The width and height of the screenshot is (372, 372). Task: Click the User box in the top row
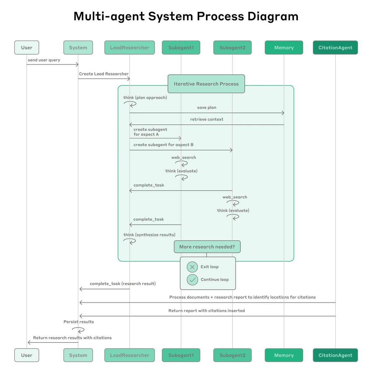(x=27, y=48)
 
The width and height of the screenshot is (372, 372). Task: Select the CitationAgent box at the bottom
(x=335, y=355)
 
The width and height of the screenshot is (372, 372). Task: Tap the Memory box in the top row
(x=284, y=48)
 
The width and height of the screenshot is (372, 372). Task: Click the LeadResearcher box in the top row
(x=130, y=48)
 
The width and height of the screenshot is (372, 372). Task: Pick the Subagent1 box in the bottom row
(x=181, y=355)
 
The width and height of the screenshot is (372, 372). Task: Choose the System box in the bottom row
(x=78, y=355)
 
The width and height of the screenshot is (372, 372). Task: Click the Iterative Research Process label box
(x=206, y=84)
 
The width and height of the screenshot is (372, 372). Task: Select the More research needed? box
(x=207, y=247)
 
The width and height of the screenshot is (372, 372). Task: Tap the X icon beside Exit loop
(x=192, y=267)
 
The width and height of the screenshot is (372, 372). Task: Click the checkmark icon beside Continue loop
(x=192, y=280)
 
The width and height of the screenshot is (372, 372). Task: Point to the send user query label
(x=44, y=60)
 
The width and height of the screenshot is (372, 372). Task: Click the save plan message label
(x=207, y=108)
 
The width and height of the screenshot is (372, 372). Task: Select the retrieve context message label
(x=207, y=119)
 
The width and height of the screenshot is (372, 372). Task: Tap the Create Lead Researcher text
(x=104, y=74)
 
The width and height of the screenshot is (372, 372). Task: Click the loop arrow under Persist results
(x=78, y=330)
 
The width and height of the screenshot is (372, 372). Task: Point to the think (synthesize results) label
(x=149, y=235)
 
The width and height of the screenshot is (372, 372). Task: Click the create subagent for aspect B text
(x=163, y=145)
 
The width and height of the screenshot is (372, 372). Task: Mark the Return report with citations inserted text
(x=206, y=311)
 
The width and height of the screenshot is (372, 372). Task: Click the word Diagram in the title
(x=273, y=16)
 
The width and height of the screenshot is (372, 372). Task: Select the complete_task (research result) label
(x=123, y=284)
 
